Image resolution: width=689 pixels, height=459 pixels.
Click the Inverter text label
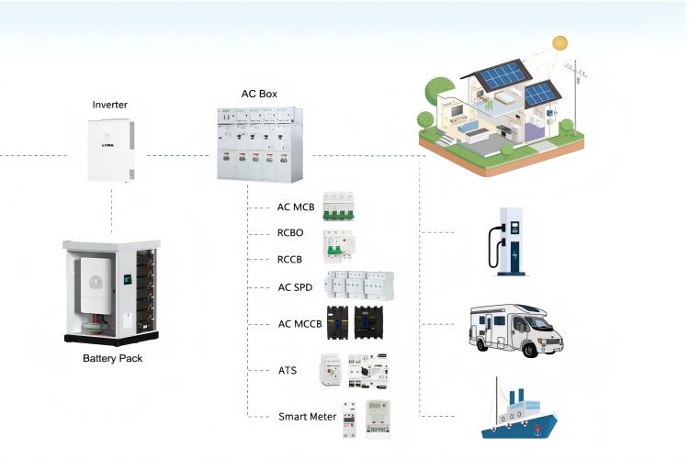[x=110, y=105]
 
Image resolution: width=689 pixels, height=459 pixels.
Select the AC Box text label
[x=258, y=95]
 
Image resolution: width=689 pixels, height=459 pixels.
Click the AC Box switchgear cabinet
[x=257, y=142]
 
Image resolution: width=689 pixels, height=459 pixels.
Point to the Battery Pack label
[x=112, y=358]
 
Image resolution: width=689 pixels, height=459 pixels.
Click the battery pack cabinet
[x=113, y=288]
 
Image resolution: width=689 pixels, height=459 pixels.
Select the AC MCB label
[x=296, y=207]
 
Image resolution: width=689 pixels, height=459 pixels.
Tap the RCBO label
[x=291, y=234]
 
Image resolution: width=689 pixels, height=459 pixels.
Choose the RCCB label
[x=291, y=259]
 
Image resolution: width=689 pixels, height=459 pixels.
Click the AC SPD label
[x=296, y=287]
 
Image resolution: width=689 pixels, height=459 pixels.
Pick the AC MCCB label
[x=299, y=324]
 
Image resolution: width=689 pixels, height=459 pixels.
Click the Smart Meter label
[x=308, y=416]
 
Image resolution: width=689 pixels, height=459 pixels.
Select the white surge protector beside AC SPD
[x=360, y=286]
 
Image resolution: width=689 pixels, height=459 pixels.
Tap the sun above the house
[x=559, y=43]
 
